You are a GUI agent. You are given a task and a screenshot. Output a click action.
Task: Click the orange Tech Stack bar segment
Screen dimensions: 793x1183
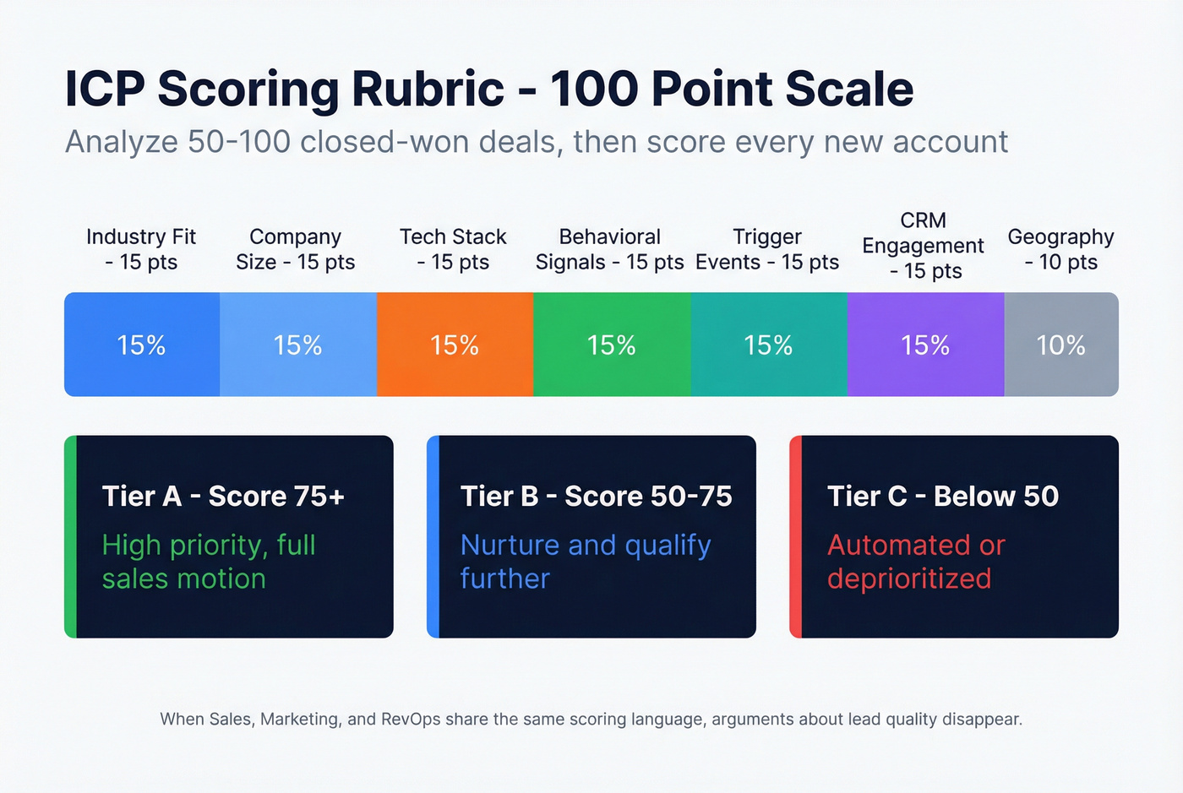[455, 345]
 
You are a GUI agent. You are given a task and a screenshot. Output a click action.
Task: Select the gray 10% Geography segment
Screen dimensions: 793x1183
[1061, 345]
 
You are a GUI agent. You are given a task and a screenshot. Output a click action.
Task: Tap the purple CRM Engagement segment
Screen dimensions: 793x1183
[925, 345]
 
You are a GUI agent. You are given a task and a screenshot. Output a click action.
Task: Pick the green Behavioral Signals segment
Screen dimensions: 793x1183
[612, 345]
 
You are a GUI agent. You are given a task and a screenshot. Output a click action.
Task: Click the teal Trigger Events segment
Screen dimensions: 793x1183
[769, 345]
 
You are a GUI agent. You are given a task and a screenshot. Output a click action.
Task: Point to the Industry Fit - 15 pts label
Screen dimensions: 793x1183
[141, 249]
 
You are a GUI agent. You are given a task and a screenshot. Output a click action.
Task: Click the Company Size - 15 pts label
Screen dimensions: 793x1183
[296, 249]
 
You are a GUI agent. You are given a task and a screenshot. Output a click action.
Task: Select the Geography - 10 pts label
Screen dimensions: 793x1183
[1060, 249]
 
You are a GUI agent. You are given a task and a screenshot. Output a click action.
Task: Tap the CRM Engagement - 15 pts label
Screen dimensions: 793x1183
[923, 245]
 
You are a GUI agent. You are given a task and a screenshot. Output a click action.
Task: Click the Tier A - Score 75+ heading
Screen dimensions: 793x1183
[223, 496]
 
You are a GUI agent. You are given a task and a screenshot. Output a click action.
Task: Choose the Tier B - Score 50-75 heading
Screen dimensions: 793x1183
[596, 496]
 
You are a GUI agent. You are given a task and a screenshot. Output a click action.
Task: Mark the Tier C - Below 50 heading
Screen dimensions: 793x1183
[942, 496]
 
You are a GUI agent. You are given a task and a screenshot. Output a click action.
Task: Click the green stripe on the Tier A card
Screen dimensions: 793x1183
[70, 536]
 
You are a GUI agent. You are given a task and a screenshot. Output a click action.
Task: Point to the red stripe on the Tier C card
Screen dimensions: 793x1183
[795, 536]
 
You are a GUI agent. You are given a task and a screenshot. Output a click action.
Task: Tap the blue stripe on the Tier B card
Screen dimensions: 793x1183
[433, 536]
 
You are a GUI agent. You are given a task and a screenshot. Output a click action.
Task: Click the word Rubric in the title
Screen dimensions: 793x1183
[428, 90]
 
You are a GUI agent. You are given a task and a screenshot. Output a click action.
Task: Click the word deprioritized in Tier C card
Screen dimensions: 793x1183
[909, 578]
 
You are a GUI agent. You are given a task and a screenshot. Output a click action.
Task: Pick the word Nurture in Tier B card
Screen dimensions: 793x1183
[510, 545]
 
